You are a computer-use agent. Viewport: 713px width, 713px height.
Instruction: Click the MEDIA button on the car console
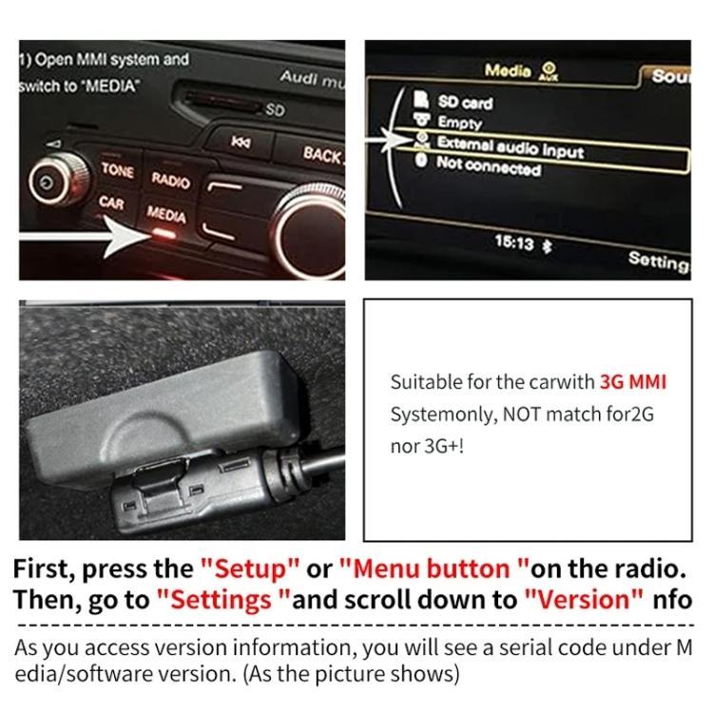tap(166, 217)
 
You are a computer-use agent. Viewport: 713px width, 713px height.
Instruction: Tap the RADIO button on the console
tap(171, 179)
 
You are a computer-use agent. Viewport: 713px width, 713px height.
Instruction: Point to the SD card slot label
tap(275, 110)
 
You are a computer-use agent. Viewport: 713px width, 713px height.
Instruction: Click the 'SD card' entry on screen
tap(464, 102)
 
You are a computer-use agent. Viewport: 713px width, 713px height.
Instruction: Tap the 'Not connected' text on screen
tap(488, 167)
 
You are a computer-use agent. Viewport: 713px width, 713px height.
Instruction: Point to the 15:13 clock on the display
tap(513, 242)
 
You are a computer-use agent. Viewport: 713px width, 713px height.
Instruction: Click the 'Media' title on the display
tap(508, 70)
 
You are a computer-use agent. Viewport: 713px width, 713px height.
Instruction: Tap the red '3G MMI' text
tap(633, 382)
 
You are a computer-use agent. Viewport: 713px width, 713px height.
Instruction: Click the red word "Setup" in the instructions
tap(251, 569)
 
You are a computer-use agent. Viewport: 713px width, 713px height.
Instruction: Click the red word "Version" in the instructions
tap(582, 599)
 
